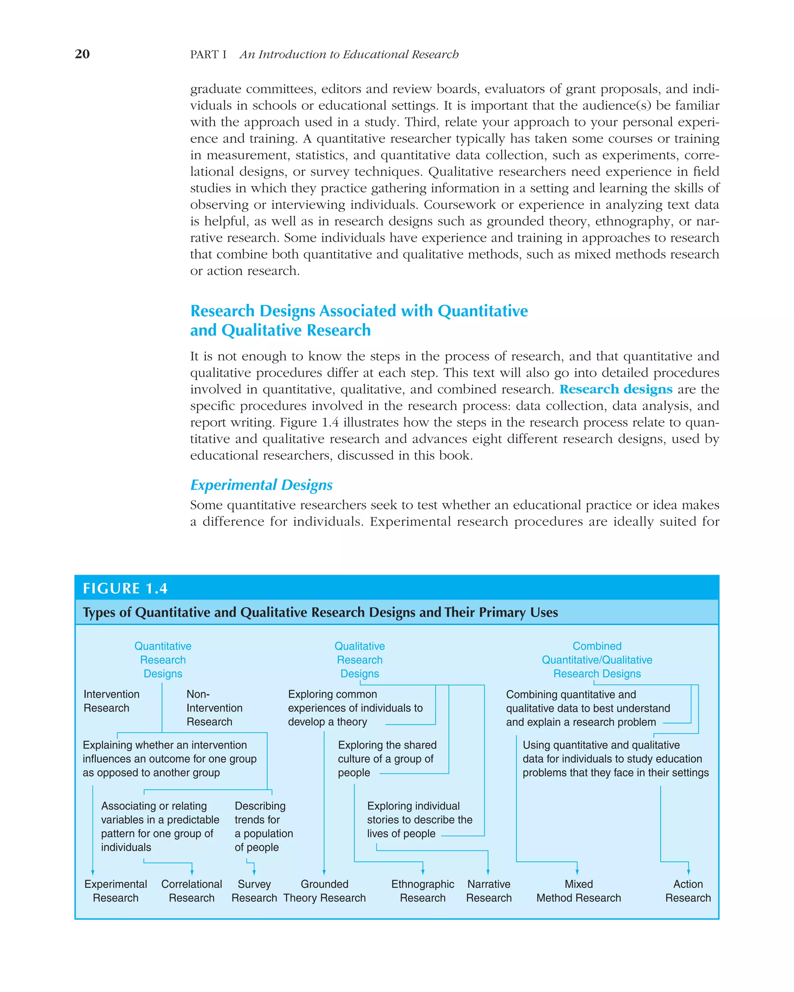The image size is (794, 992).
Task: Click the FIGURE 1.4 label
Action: click(125, 589)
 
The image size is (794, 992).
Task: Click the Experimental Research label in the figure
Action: click(116, 891)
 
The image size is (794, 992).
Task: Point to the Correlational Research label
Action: click(192, 891)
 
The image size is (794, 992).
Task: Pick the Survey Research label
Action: click(254, 891)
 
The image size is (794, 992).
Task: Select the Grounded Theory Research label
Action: click(325, 891)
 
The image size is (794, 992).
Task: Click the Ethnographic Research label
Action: click(423, 891)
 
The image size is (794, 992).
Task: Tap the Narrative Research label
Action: click(489, 891)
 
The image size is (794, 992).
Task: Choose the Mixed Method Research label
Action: click(578, 891)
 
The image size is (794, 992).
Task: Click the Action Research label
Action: click(688, 891)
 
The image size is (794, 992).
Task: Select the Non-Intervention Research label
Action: click(214, 708)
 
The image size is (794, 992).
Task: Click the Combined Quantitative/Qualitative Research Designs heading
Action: click(597, 660)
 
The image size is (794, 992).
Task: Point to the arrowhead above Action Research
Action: click(688, 871)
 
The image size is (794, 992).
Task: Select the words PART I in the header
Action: click(208, 54)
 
